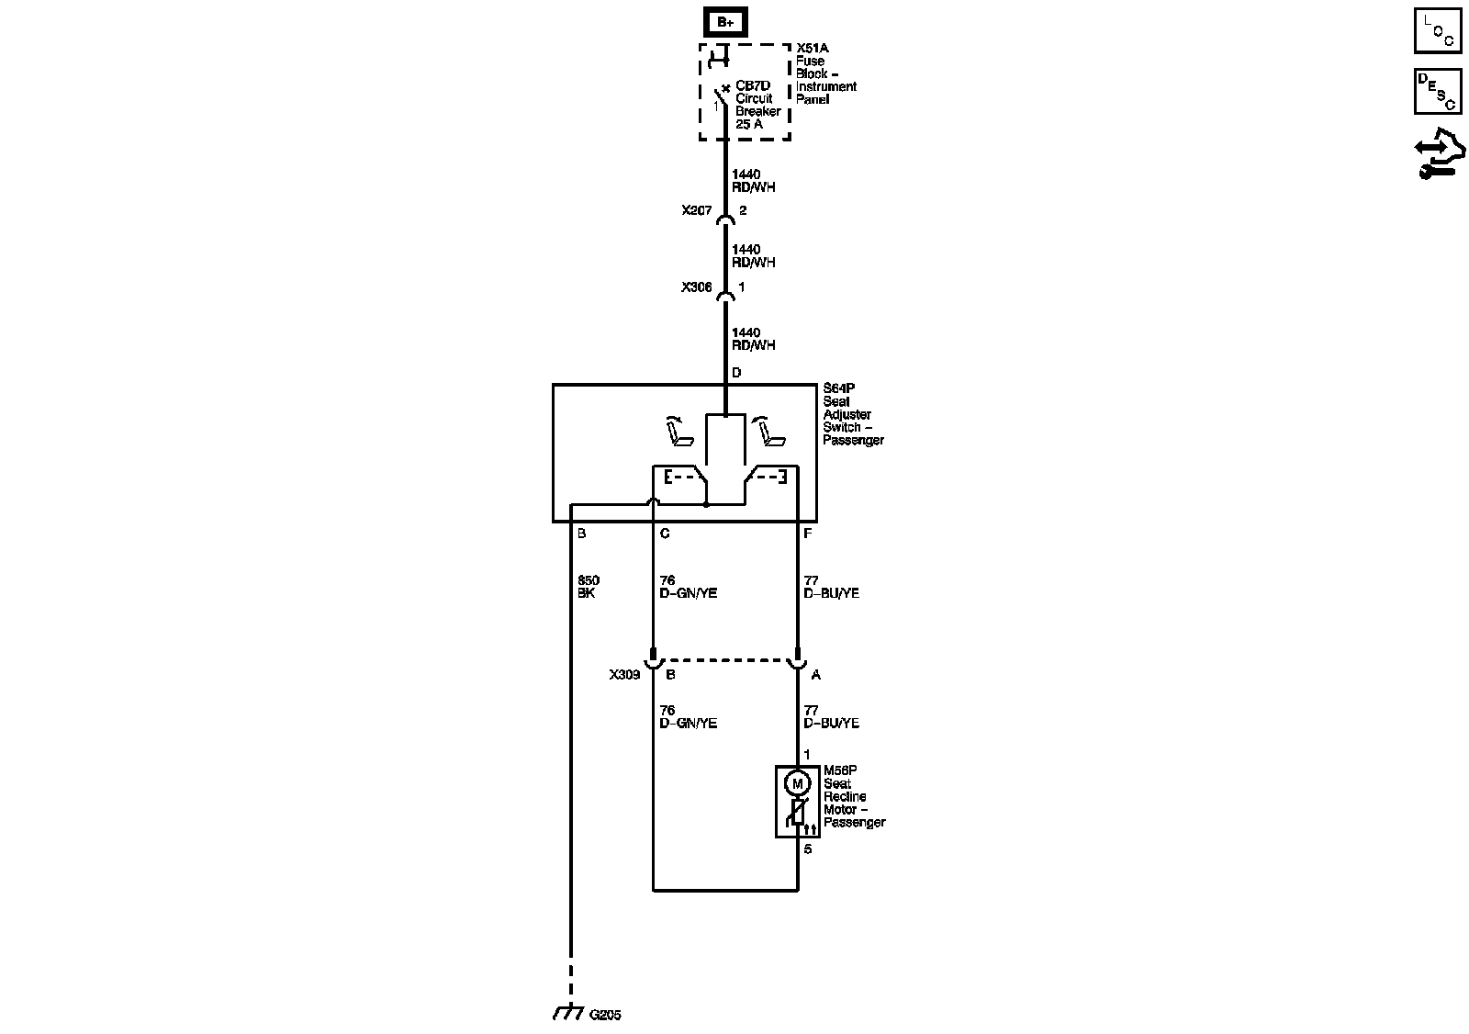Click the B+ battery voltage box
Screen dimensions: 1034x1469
click(725, 22)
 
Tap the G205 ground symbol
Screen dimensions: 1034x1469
click(569, 1013)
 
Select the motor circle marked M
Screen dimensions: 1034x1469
click(797, 783)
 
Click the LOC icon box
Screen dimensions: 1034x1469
click(1438, 32)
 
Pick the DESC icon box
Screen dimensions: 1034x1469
click(1438, 92)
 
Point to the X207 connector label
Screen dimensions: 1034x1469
click(697, 210)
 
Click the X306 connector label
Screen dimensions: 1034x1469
click(697, 287)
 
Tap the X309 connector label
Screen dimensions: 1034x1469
click(624, 675)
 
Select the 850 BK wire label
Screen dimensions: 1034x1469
click(588, 587)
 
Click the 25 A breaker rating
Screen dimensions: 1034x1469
click(749, 124)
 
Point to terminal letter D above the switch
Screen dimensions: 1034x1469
click(736, 373)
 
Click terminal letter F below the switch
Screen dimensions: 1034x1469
click(807, 534)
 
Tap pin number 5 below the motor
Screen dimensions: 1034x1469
click(808, 849)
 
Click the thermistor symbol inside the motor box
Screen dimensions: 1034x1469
click(797, 813)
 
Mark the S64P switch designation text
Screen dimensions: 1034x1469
click(837, 388)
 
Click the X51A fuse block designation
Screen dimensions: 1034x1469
click(812, 48)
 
